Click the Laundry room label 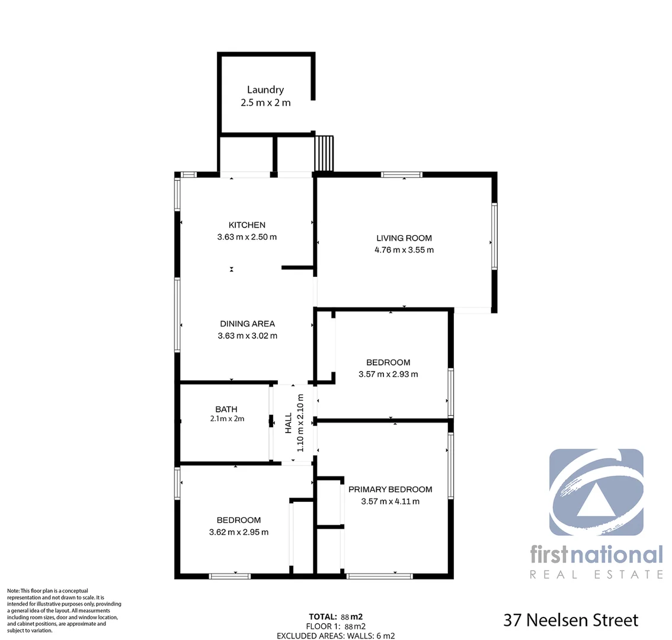(265, 90)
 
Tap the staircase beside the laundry (324, 153)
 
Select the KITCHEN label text (247, 225)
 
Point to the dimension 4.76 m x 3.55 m (404, 250)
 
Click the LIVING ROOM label (404, 238)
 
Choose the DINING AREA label (247, 324)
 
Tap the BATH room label (226, 409)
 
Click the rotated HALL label (289, 423)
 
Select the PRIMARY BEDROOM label (390, 489)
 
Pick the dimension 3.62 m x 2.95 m (239, 532)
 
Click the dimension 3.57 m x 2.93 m (388, 375)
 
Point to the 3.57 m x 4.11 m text (390, 501)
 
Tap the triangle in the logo (597, 498)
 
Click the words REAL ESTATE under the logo (596, 574)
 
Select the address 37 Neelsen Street (571, 620)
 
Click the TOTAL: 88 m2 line (335, 617)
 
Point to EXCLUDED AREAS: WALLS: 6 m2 (335, 636)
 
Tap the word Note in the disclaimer (13, 591)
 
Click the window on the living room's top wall (401, 175)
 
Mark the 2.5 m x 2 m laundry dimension (265, 103)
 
